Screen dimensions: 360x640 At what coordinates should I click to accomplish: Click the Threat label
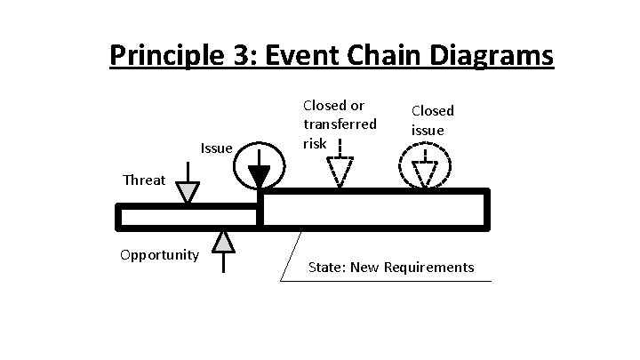[x=144, y=180]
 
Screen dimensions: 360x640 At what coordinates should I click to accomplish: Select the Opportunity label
[x=160, y=255]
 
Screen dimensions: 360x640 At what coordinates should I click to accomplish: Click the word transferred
[x=340, y=124]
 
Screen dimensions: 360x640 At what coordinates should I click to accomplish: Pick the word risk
[x=315, y=142]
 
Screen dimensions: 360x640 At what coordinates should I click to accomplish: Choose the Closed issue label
[x=432, y=120]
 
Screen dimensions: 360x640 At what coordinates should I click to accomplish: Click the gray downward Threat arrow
[x=188, y=191]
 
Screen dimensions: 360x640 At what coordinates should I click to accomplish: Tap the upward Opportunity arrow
[x=223, y=244]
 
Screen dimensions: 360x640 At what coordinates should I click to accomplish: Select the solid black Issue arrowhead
[x=260, y=175]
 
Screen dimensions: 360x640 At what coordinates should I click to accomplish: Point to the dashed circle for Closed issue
[x=425, y=165]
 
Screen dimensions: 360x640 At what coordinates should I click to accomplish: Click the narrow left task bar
[x=188, y=216]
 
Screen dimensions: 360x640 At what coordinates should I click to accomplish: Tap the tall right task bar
[x=374, y=210]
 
